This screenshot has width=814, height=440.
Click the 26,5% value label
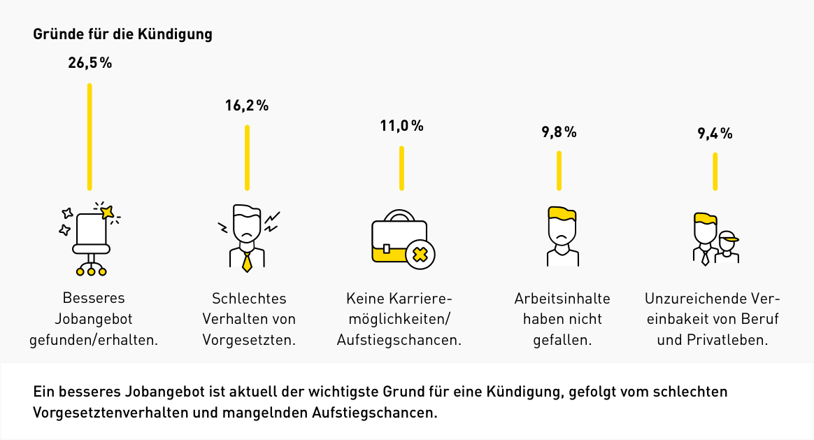[x=90, y=63]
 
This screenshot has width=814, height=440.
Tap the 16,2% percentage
[x=246, y=106]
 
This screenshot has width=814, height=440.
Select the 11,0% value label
[x=401, y=126]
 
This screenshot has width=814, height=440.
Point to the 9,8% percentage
[x=559, y=132]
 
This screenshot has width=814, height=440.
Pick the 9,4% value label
[x=715, y=133]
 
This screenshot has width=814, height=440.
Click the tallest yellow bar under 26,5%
[x=90, y=136]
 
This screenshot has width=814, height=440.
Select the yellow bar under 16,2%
[x=247, y=157]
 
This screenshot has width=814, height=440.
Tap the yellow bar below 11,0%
[x=401, y=168]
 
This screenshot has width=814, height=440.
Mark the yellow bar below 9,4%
[x=715, y=171]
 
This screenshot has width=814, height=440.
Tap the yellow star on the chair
[x=106, y=211]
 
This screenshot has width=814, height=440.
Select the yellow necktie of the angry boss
[x=246, y=261]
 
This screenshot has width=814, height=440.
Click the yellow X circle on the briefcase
[x=420, y=253]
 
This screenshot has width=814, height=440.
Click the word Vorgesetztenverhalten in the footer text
[x=110, y=412]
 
